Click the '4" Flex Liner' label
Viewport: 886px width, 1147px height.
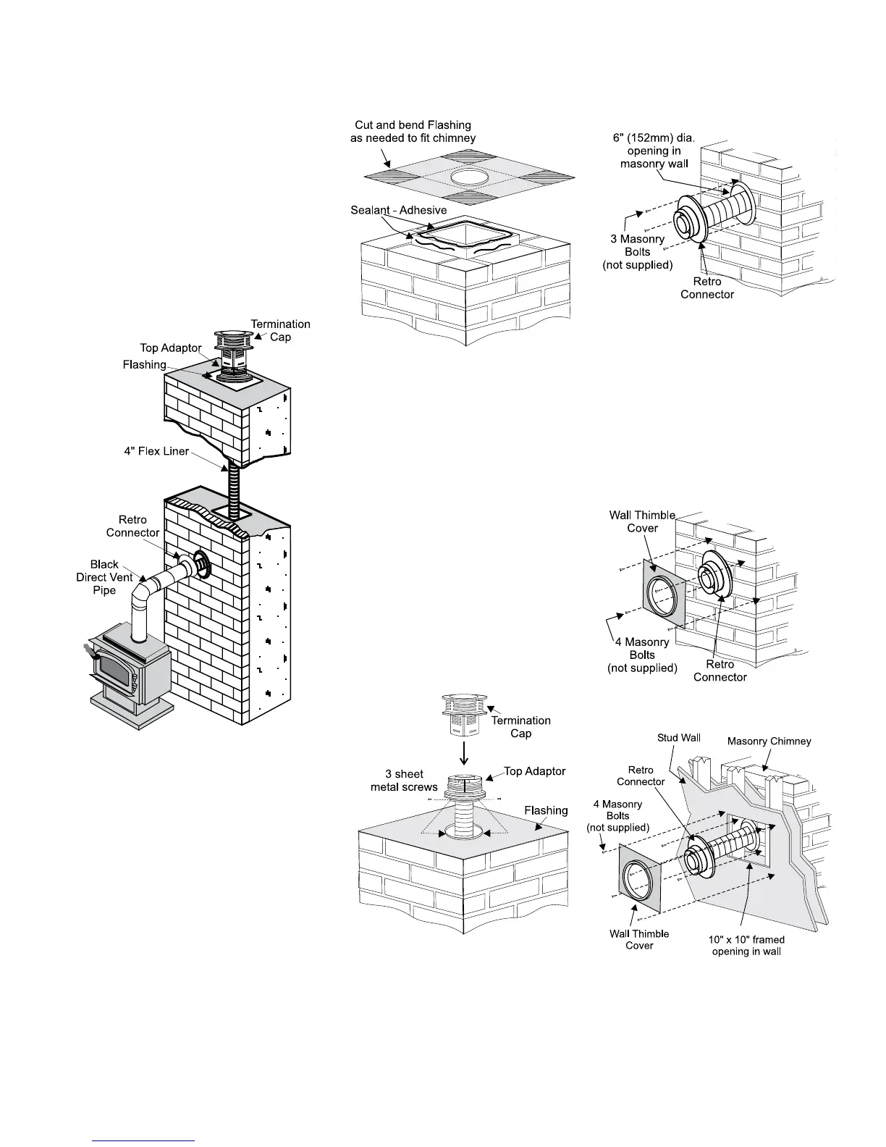pyautogui.click(x=156, y=452)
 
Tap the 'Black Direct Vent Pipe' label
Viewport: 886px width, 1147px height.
pyautogui.click(x=105, y=577)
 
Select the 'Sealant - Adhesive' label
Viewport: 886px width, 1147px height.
pyautogui.click(x=398, y=210)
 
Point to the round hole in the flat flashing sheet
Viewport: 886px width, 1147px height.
pyautogui.click(x=469, y=177)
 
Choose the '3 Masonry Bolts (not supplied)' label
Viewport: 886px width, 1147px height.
pyautogui.click(x=638, y=252)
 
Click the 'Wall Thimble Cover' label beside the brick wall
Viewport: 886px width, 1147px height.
pyautogui.click(x=642, y=521)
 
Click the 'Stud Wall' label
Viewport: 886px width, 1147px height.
pyautogui.click(x=678, y=738)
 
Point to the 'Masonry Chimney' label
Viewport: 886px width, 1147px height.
pyautogui.click(x=769, y=741)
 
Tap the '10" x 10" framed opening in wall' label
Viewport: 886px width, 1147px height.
pyautogui.click(x=746, y=945)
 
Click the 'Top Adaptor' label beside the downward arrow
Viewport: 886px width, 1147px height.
pyautogui.click(x=534, y=771)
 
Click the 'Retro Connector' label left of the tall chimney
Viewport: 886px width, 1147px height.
pyautogui.click(x=132, y=526)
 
